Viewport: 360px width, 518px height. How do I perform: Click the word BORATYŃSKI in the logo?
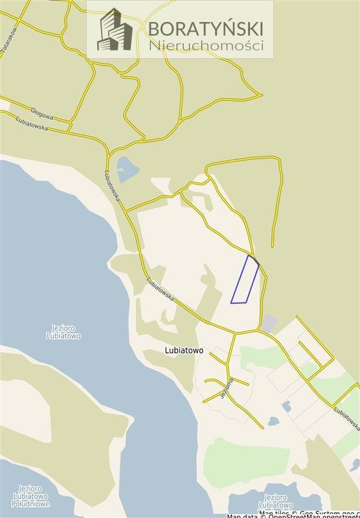[206, 28]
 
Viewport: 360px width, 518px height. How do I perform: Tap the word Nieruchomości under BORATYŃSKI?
[206, 45]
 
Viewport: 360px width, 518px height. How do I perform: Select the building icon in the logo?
[115, 30]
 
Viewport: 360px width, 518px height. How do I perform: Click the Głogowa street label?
[41, 114]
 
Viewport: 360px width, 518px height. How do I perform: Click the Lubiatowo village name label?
[184, 350]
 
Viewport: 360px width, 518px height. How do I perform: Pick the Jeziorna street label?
[227, 387]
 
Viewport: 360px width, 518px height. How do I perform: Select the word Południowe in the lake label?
[30, 504]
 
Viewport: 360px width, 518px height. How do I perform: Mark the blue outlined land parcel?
[245, 280]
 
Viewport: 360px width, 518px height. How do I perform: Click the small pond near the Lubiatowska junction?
[126, 169]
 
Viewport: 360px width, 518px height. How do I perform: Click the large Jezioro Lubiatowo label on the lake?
[63, 332]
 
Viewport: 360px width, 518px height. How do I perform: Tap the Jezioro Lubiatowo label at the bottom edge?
[276, 501]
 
